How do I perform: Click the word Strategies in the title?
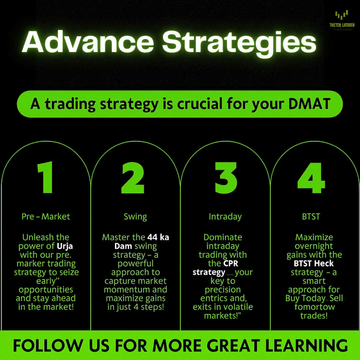[x=239, y=42]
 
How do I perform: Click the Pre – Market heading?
[x=46, y=217]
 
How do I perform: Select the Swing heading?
[x=135, y=217]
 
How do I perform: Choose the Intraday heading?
[x=225, y=217]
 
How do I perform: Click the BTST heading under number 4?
[x=311, y=217]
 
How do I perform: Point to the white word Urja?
[x=64, y=246]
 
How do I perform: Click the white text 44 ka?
[x=158, y=238]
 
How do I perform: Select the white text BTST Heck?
[x=314, y=264]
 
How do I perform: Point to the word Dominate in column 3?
[x=223, y=238]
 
